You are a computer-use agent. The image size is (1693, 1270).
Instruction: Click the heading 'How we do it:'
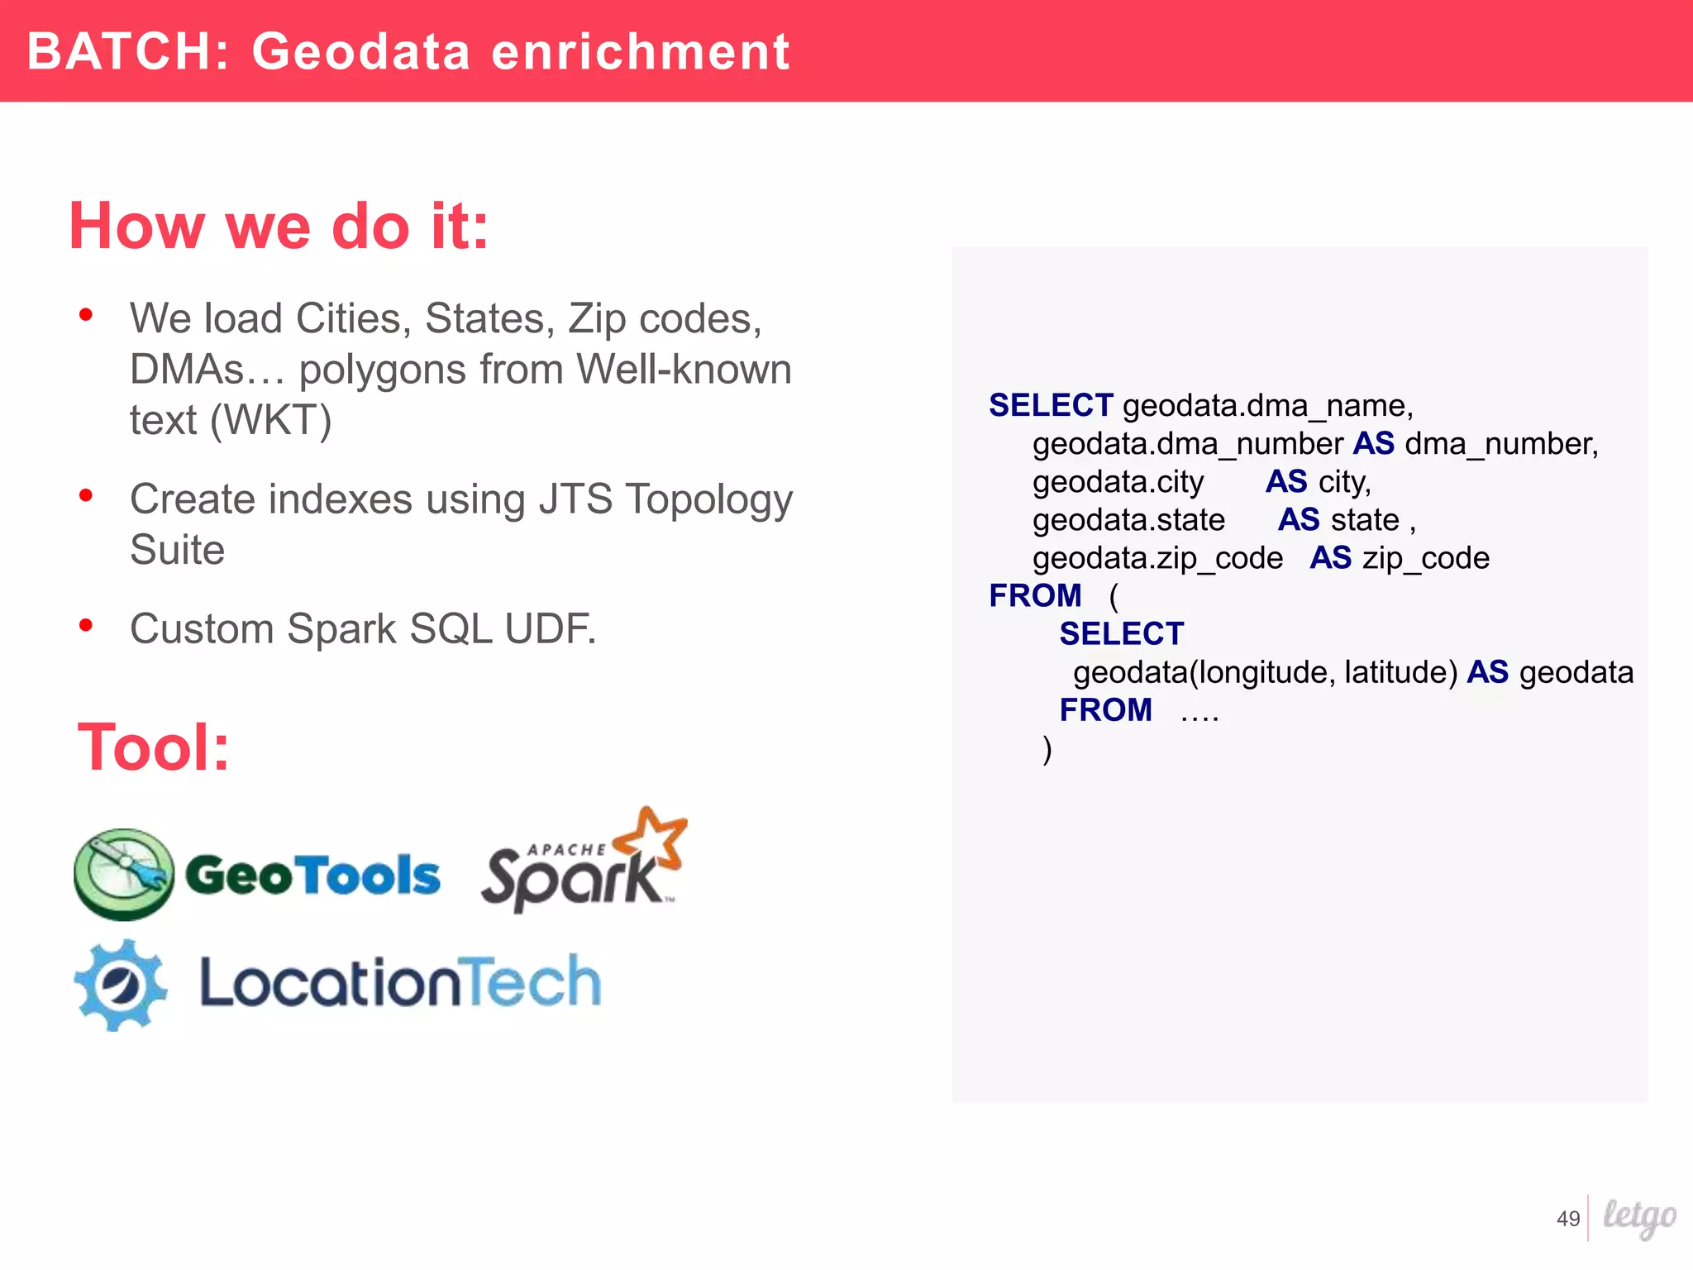tap(279, 226)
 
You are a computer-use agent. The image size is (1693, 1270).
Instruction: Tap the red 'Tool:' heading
tap(153, 747)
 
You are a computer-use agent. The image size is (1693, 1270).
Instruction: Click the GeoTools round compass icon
tap(124, 874)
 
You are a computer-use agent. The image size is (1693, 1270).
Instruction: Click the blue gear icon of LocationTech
tap(121, 985)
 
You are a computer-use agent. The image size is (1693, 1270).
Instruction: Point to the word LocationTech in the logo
tap(400, 983)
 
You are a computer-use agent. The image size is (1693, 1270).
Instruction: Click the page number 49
tap(1567, 1219)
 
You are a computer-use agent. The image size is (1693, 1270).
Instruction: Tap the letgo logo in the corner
tap(1638, 1217)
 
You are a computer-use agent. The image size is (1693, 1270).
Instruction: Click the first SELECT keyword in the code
tap(1050, 406)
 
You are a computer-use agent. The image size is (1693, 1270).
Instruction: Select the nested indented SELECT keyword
tap(1121, 634)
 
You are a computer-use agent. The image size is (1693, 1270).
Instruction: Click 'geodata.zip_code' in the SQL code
tap(1157, 559)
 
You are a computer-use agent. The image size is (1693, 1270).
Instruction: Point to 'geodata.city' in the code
tap(1118, 482)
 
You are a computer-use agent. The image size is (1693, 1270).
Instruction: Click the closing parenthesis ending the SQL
tap(1047, 749)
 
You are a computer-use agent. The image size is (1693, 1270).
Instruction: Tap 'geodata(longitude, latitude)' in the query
tap(1264, 672)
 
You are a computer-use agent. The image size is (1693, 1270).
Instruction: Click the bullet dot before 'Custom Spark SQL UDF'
tap(85, 625)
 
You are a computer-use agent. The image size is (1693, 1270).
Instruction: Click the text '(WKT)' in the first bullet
tap(270, 420)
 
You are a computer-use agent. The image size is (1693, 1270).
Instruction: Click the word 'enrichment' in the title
tap(641, 52)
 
